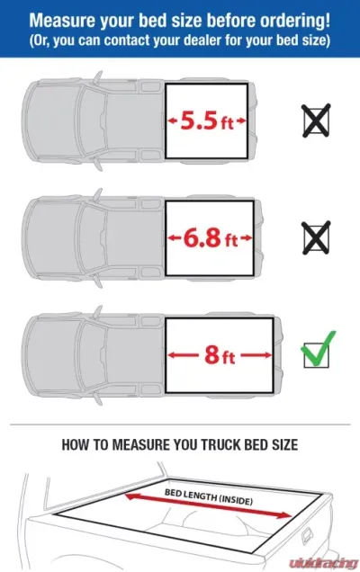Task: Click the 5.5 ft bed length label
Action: tap(207, 121)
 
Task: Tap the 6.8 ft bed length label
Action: tap(211, 237)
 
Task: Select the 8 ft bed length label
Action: tap(220, 354)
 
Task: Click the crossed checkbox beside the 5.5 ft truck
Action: tap(316, 121)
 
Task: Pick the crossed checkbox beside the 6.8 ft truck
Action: tap(316, 237)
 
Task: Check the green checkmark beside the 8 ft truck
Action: tap(318, 349)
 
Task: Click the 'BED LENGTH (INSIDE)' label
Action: tap(209, 496)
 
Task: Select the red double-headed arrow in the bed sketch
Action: tap(209, 505)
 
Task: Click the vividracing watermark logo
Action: tap(323, 563)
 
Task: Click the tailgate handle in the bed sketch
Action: tap(308, 536)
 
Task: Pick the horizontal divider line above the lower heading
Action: tap(180, 425)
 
